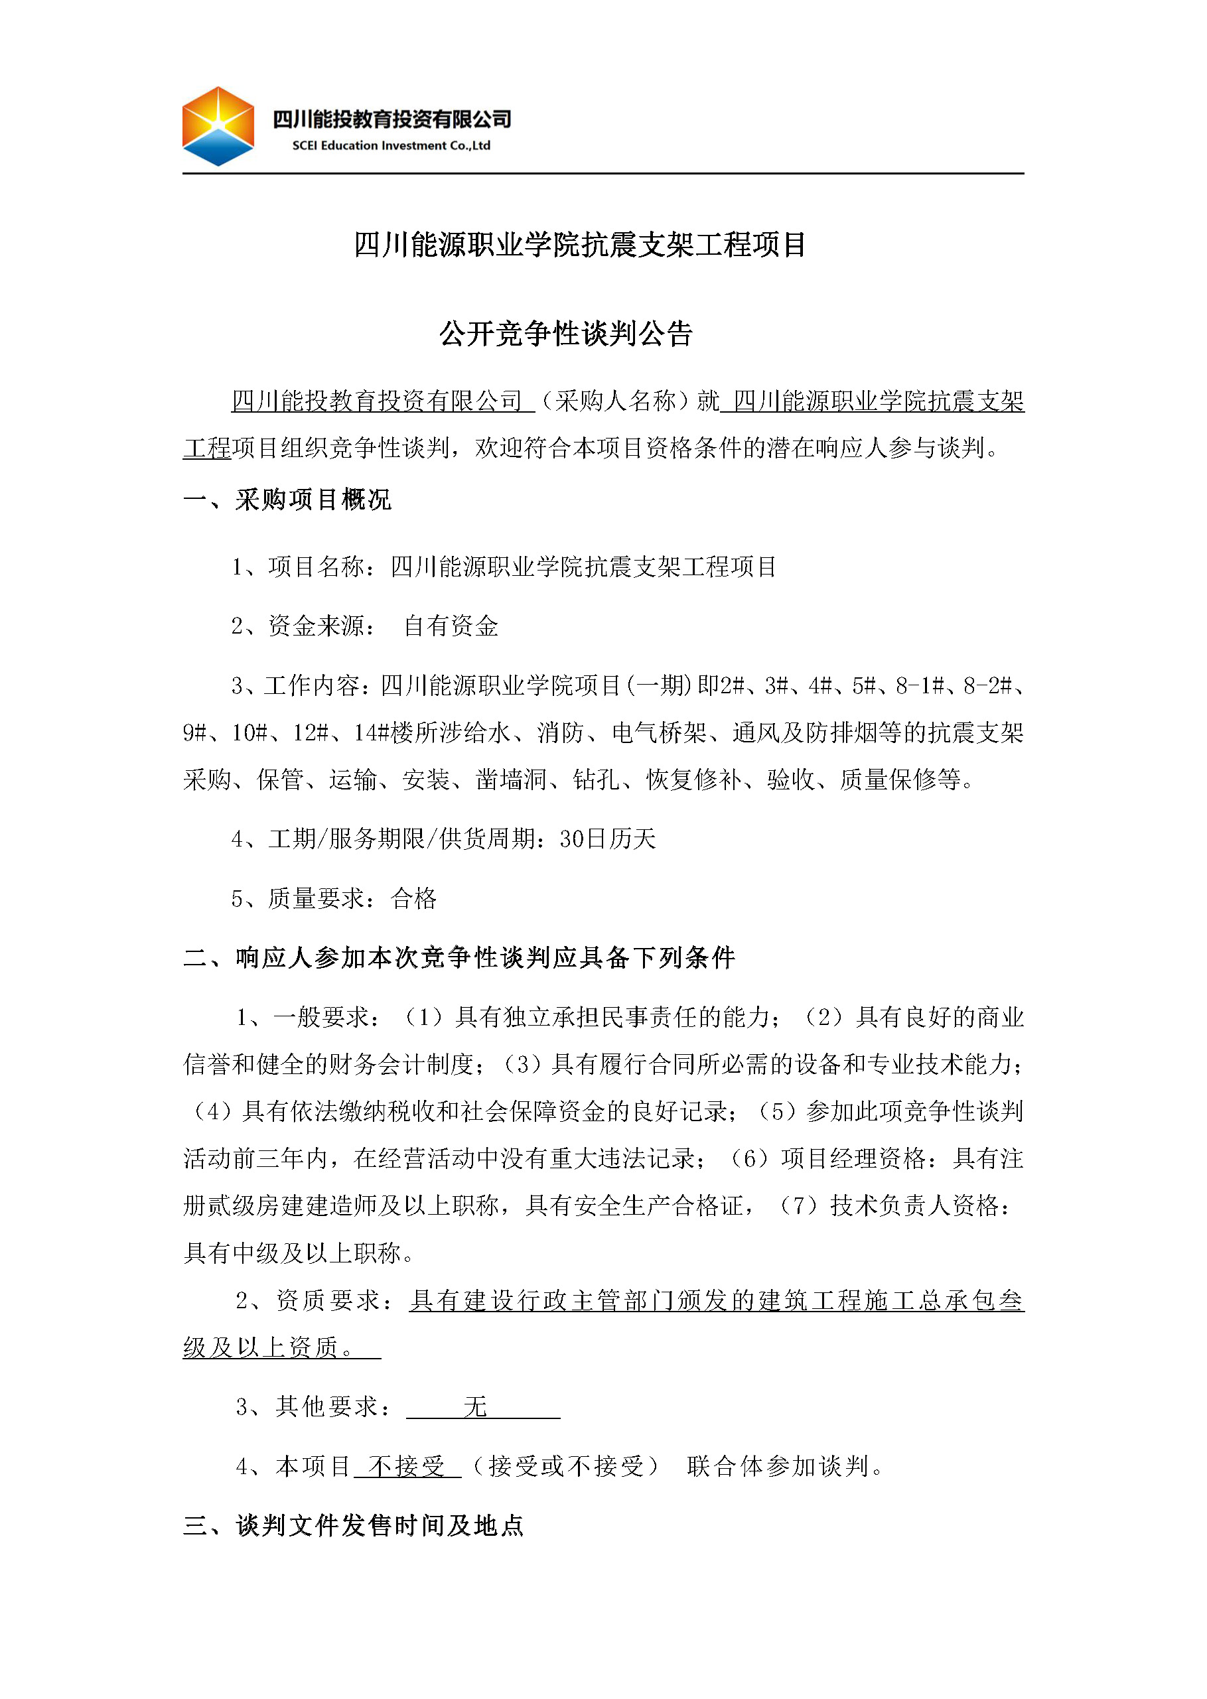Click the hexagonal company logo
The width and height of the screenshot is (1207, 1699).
point(218,126)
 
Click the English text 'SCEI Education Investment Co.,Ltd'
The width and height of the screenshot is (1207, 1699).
point(391,145)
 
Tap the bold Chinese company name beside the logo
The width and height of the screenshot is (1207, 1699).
point(391,119)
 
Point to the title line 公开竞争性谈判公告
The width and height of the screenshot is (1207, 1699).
point(565,334)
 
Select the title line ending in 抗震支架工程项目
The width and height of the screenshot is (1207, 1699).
point(580,244)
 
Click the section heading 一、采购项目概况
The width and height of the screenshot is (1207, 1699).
point(287,500)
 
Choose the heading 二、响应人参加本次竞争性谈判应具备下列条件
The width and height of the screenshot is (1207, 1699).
point(459,957)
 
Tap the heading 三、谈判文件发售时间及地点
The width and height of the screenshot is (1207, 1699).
point(353,1526)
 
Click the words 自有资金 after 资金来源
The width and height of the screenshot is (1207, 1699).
point(451,626)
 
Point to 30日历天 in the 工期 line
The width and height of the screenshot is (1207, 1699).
point(607,839)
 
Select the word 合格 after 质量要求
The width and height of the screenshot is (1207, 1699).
point(413,898)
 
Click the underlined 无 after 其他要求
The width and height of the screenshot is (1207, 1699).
point(475,1406)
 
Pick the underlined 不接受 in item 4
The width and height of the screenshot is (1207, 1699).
point(407,1467)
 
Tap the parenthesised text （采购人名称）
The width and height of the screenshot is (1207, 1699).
point(615,401)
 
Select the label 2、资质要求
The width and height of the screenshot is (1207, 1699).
point(315,1300)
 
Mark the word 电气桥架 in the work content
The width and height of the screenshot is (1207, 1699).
point(658,732)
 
